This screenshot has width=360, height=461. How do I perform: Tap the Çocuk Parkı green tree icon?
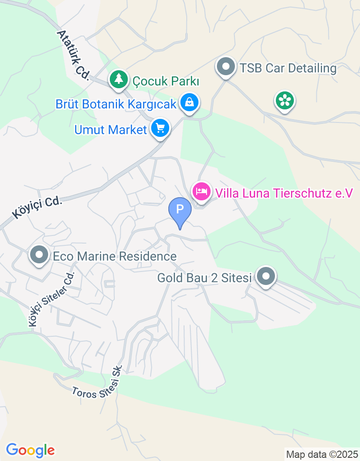pos(118,79)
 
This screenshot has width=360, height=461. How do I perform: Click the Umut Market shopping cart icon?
pos(160,129)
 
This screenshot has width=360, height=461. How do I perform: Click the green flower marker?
pos(284,100)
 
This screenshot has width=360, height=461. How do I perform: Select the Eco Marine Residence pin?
pos(39,255)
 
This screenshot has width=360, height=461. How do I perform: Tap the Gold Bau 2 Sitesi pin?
pos(265,276)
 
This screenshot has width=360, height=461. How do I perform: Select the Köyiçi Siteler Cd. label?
pos(50,299)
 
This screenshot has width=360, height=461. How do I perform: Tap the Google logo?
pos(30,450)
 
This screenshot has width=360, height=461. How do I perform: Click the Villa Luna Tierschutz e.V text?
pos(283,193)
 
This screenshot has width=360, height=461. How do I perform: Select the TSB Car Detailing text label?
pos(288,68)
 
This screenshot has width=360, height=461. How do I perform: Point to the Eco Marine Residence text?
pos(115,257)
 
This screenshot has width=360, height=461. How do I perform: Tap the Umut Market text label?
pos(111,130)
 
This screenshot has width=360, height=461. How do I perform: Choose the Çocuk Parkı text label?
pos(166,81)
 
